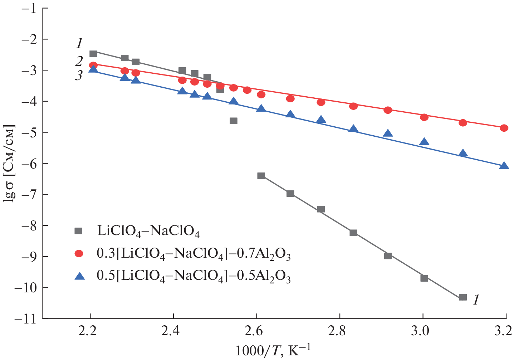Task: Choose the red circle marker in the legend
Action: pyautogui.click(x=78, y=254)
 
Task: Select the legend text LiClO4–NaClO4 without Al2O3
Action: pyautogui.click(x=148, y=232)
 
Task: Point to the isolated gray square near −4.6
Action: pyautogui.click(x=234, y=121)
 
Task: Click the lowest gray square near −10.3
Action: pyautogui.click(x=463, y=297)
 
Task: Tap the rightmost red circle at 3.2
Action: pyautogui.click(x=504, y=128)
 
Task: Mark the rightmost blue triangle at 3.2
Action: pyautogui.click(x=504, y=165)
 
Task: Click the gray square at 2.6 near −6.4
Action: pyautogui.click(x=261, y=176)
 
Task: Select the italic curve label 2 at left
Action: pyautogui.click(x=79, y=61)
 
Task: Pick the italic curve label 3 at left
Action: pyautogui.click(x=79, y=76)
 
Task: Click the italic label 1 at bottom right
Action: pyautogui.click(x=476, y=300)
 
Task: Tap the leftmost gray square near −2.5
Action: pyautogui.click(x=93, y=54)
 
